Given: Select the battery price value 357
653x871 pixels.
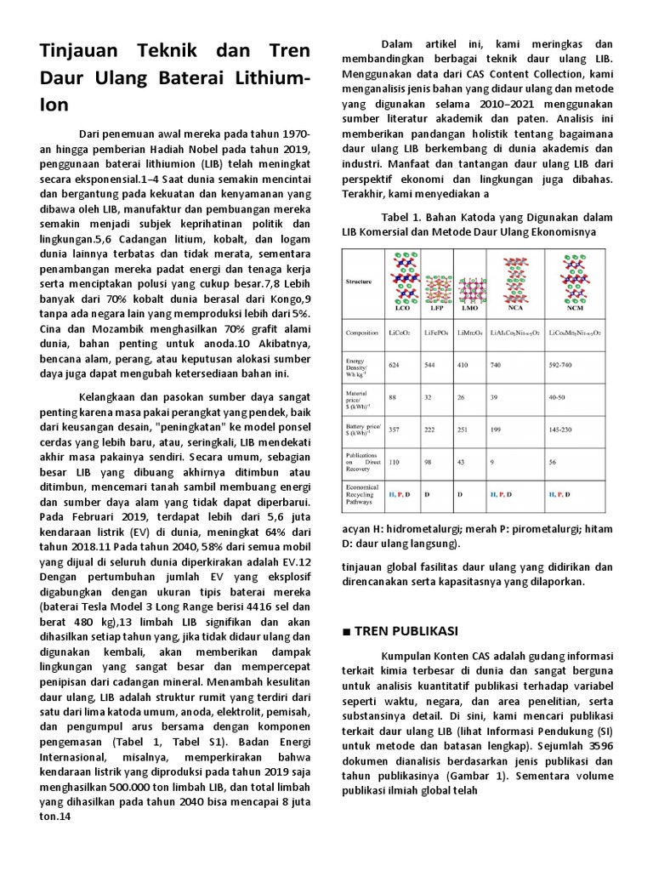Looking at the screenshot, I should tap(393, 430).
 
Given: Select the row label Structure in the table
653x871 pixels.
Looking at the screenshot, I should tap(359, 280).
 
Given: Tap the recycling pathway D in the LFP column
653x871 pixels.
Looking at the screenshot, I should tap(426, 494).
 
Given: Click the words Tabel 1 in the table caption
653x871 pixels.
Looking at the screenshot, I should tap(403, 217).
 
